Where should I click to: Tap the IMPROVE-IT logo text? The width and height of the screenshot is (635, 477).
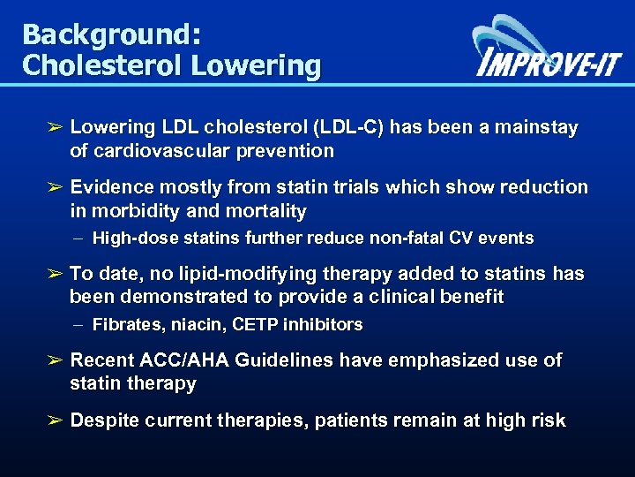(548, 64)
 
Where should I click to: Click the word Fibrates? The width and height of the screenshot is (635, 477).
(123, 324)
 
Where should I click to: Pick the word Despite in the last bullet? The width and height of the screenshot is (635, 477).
(105, 420)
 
